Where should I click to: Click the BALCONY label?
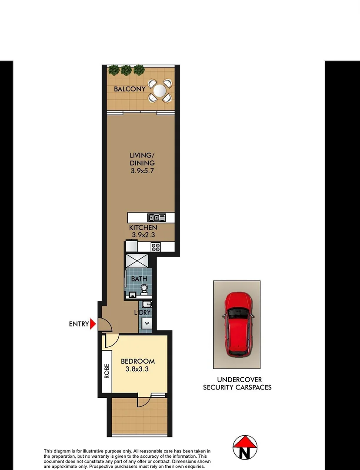pos(130,89)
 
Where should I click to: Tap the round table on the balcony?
pos(160,91)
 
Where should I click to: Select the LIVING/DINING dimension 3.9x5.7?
pos(142,171)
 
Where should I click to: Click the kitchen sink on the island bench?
pos(156,218)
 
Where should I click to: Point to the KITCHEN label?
pos(143,228)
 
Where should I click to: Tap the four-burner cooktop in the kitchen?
pos(156,247)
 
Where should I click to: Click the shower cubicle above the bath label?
pos(137,262)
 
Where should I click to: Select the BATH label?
pos(139,279)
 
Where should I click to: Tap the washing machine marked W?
pos(147,324)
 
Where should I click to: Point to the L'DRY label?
pos(142,312)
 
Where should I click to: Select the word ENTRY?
pos(79,324)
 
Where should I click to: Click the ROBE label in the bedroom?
pos(106,372)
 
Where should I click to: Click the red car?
pos(237,323)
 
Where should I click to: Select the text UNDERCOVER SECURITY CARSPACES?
pos(237,383)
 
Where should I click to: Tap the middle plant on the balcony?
pos(126,70)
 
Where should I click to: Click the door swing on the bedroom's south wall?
pos(144,401)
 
